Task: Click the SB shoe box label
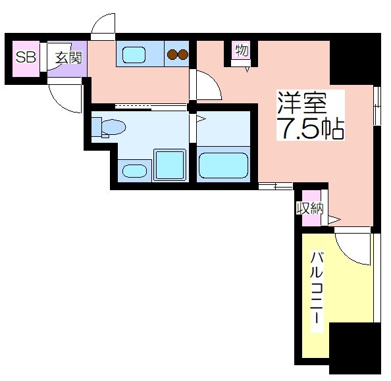(x=26, y=57)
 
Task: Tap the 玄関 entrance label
(x=68, y=58)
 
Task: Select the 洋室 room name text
(x=302, y=103)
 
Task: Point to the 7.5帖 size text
(x=311, y=129)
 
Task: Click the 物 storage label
(x=242, y=50)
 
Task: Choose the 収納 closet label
(x=310, y=208)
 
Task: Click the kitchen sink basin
(x=134, y=55)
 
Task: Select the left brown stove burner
(x=172, y=55)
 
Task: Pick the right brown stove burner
(x=183, y=55)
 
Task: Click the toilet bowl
(x=113, y=127)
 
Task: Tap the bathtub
(x=223, y=166)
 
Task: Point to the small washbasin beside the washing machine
(x=134, y=171)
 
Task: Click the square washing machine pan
(x=170, y=165)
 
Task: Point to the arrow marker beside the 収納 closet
(x=334, y=220)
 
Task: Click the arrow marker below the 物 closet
(x=248, y=70)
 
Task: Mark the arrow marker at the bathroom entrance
(x=201, y=119)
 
